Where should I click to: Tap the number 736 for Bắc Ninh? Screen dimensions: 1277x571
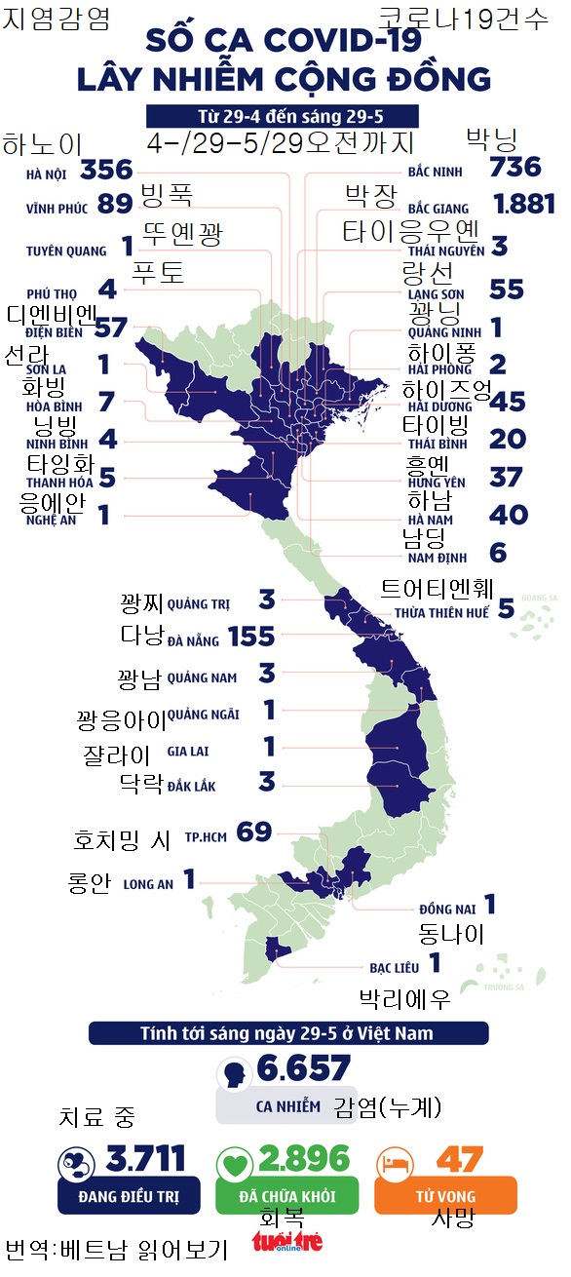[516, 167]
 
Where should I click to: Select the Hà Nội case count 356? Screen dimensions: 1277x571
[107, 170]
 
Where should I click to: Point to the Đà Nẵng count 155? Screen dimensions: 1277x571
[251, 637]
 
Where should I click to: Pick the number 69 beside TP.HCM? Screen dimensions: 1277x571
[254, 832]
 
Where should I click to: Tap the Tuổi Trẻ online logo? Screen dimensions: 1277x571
[286, 1242]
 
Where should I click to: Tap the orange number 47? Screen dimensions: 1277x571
[459, 1159]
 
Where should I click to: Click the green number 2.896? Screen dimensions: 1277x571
[305, 1159]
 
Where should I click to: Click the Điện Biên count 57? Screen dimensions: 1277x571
[112, 327]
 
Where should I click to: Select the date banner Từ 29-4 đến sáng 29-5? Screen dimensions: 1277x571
[283, 116]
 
